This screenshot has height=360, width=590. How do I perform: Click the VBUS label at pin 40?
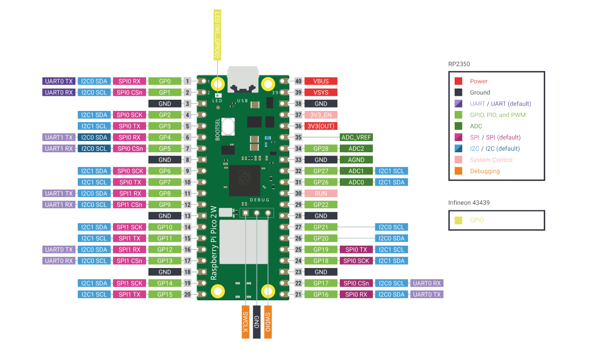[321, 81]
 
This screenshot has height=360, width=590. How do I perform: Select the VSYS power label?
[321, 92]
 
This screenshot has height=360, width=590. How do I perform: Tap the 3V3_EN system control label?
[321, 115]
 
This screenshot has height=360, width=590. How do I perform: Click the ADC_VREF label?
[356, 137]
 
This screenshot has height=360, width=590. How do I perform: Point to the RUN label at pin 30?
[321, 194]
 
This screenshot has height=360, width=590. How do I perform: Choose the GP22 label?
[321, 204]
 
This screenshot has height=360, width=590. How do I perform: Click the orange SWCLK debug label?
[245, 322]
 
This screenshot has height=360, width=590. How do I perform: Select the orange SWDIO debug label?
[268, 322]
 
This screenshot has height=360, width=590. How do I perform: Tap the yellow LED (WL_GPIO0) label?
[217, 35]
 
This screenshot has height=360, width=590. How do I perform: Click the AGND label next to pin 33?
[356, 160]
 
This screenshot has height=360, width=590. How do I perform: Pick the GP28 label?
[321, 148]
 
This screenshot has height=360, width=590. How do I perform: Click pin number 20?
[187, 294]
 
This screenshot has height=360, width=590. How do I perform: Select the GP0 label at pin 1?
[165, 81]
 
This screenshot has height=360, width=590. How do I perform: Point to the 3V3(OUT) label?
[321, 126]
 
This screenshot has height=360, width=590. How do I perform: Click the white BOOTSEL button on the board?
[228, 126]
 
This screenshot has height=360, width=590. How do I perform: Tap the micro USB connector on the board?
[243, 79]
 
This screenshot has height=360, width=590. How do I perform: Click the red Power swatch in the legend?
[458, 81]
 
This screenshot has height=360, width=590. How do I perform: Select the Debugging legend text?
[485, 171]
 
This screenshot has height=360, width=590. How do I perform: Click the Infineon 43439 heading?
[469, 203]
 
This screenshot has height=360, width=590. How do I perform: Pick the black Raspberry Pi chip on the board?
[245, 180]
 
